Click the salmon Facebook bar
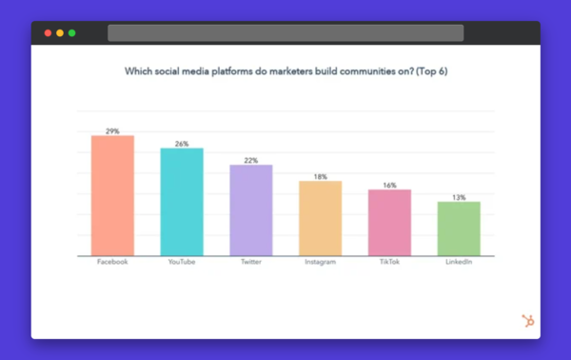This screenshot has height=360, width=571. click(112, 195)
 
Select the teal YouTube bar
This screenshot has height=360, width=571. click(181, 202)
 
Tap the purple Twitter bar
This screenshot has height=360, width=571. click(250, 210)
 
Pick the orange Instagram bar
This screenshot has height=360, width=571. click(320, 218)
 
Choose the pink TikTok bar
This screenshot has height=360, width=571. click(389, 223)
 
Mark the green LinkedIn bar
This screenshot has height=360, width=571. click(459, 229)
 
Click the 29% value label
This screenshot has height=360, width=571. click(112, 130)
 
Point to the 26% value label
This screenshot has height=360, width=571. click(181, 144)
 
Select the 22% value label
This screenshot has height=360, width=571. click(250, 160)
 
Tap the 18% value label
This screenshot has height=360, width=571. click(320, 176)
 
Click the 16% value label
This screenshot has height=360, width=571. click(389, 185)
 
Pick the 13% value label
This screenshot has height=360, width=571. click(459, 197)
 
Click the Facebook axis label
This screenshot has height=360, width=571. click(112, 262)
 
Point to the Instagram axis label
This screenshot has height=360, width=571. click(320, 262)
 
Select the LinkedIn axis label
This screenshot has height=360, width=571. click(459, 262)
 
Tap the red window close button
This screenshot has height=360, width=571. click(48, 33)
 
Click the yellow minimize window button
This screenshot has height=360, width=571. click(60, 33)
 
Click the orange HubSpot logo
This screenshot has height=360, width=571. click(527, 321)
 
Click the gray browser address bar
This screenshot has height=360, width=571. click(285, 33)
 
